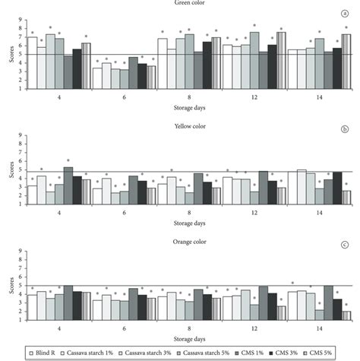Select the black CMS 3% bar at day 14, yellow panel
[x=338, y=188]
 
